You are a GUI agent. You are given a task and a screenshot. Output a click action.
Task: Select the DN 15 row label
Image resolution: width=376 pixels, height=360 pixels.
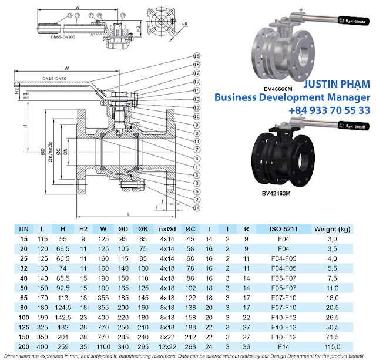tap(24, 239)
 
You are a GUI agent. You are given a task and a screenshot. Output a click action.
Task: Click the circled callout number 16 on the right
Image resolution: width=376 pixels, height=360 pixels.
tap(197, 56)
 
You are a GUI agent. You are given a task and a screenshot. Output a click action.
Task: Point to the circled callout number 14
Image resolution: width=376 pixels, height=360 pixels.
tap(197, 207)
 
